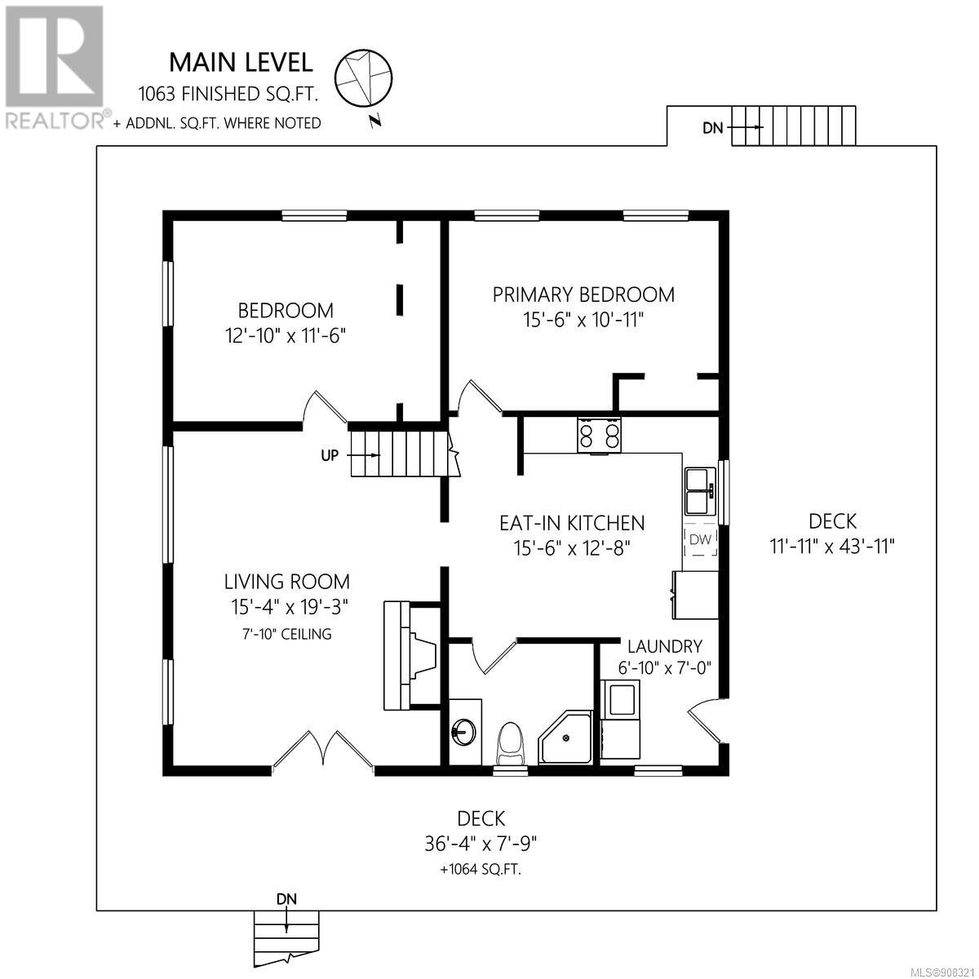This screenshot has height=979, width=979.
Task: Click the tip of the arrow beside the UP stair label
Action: point(380,455)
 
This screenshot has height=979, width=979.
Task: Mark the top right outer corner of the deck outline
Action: point(937,146)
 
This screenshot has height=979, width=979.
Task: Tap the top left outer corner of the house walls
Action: point(163,210)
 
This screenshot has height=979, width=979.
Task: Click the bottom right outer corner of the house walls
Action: point(729,775)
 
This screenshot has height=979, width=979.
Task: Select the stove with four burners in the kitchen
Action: point(599,434)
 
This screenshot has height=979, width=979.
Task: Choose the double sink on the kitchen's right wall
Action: point(700,491)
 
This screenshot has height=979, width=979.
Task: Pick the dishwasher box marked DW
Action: point(701,539)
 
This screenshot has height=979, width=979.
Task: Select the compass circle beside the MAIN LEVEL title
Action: point(363,78)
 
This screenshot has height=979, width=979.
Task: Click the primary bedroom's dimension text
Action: point(584,320)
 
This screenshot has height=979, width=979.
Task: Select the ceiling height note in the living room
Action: point(287,634)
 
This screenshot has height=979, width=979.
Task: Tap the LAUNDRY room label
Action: point(665,646)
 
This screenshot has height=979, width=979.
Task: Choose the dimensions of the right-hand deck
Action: point(832,547)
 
